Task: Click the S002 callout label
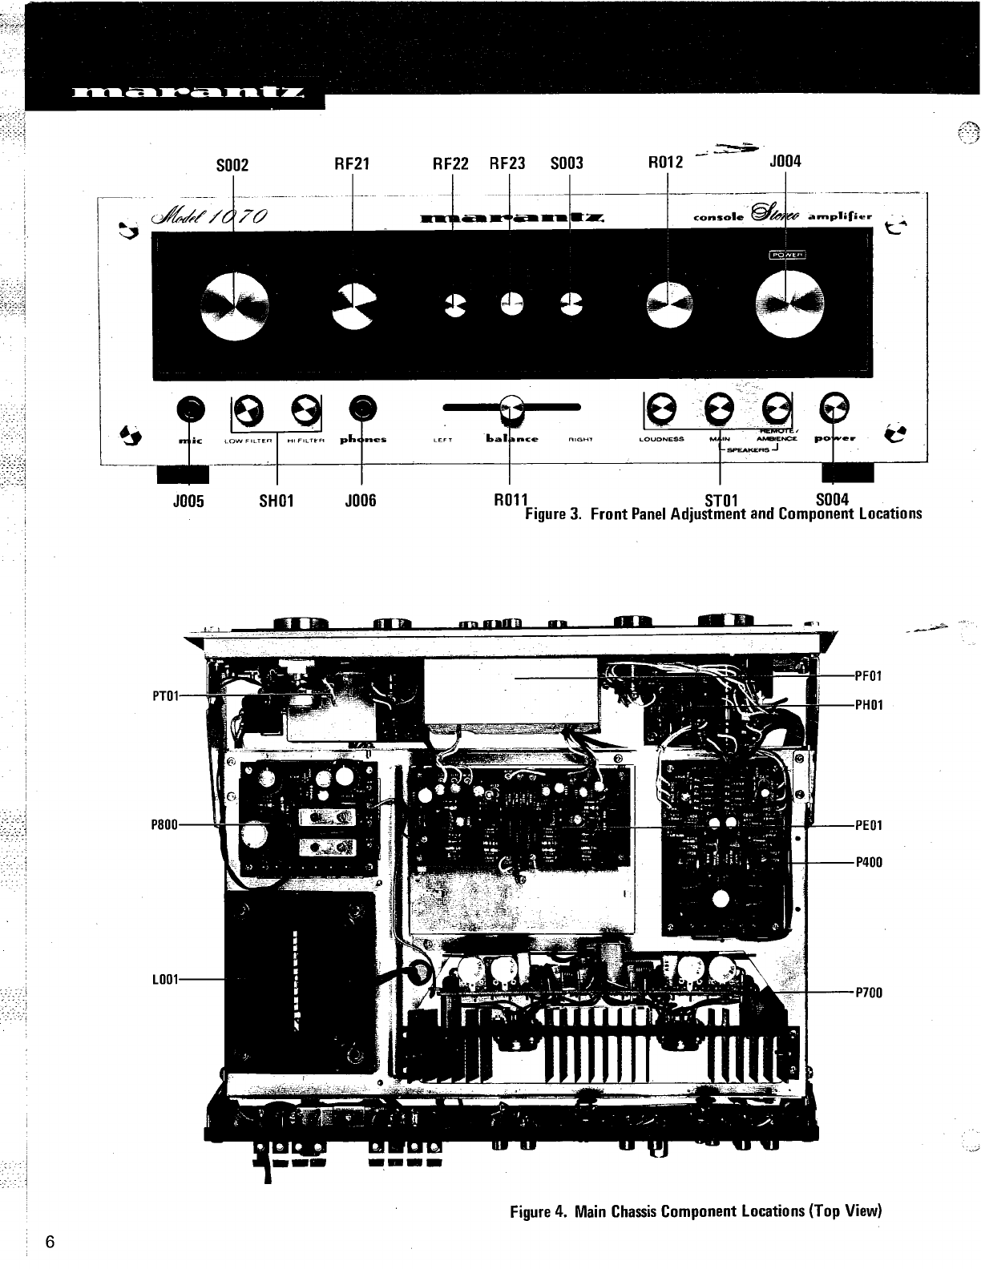[233, 165]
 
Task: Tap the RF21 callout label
[352, 163]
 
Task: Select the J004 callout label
[785, 162]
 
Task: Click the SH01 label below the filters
[277, 502]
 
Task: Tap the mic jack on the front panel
[190, 409]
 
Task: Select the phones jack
[363, 409]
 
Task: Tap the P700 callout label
[869, 993]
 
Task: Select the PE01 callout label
[869, 825]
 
